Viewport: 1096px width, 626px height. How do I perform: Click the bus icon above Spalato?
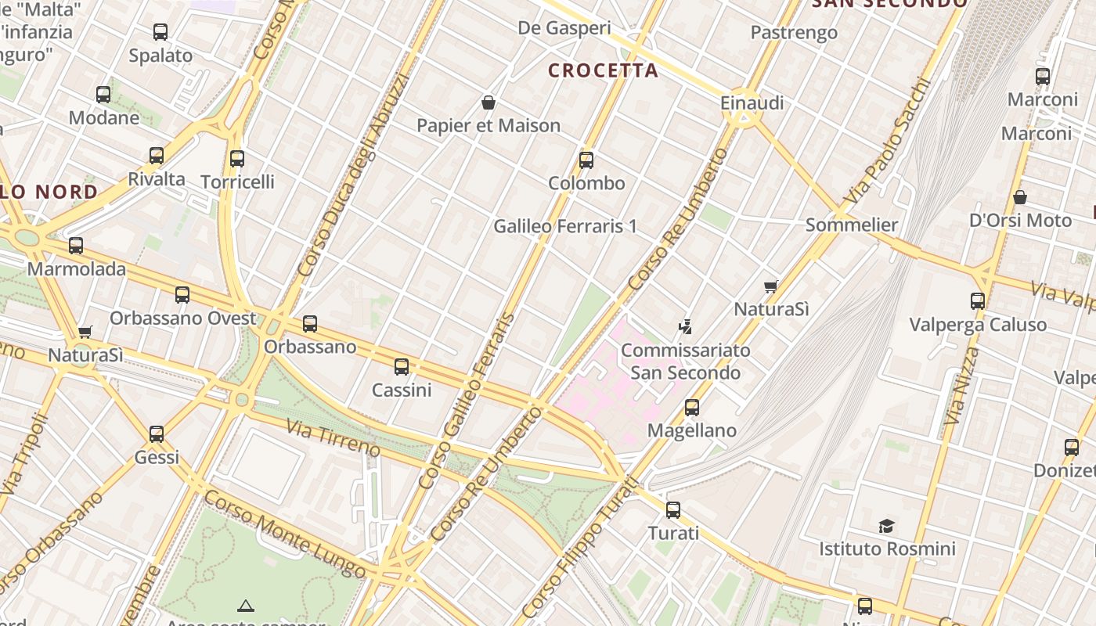coord(160,32)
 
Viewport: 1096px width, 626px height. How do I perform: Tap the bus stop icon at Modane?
coord(103,95)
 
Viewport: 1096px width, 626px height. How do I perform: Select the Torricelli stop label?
coord(237,182)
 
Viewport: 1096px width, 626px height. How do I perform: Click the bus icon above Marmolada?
coord(76,246)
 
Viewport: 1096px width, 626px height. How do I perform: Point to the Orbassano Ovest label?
coord(182,318)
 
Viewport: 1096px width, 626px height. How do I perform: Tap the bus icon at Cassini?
coord(402,366)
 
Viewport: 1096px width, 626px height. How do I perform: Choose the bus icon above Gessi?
coord(157,434)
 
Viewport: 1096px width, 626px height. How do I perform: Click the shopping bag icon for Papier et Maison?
coord(489,103)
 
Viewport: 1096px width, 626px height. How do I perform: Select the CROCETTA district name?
coord(603,70)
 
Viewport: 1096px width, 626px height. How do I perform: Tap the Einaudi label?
coord(752,103)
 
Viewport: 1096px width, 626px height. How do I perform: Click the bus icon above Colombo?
coord(586,160)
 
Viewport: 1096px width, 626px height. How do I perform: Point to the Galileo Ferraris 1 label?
coord(564,227)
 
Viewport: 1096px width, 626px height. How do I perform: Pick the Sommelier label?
coord(852,225)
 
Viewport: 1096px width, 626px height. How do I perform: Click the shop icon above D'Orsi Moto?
coord(1019,197)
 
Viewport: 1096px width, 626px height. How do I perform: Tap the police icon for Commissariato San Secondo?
coord(686,327)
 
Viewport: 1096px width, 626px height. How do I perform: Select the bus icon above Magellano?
coord(692,408)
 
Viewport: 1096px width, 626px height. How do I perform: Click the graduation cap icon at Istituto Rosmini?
coord(886,526)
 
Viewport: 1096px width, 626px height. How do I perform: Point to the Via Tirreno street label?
coord(333,438)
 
